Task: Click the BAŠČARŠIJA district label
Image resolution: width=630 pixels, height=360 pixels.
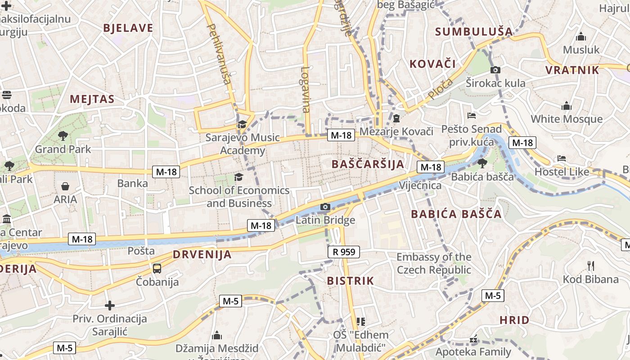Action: coord(368,164)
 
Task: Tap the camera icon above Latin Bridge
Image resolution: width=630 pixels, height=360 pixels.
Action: coord(325,207)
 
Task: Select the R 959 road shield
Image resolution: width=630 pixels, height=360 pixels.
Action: coord(344,252)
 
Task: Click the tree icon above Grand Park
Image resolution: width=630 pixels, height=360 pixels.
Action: coord(63,135)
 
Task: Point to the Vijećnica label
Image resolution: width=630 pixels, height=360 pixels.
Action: coord(420,185)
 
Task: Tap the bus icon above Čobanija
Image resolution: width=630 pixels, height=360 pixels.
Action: coord(157,269)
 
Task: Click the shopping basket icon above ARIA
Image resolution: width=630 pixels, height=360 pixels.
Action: coord(65,186)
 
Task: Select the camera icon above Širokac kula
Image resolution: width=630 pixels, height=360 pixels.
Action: coord(495,70)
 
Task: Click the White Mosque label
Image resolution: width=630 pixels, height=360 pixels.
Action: coord(566,119)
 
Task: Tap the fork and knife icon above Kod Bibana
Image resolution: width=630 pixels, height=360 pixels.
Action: coord(591,266)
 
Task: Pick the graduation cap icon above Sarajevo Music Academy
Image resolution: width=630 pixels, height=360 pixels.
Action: coord(243,124)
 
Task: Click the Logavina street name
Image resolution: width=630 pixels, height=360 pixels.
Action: coord(306,90)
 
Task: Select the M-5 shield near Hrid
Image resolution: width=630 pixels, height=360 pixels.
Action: coord(492,296)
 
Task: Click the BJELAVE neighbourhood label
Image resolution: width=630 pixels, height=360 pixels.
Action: coord(128,28)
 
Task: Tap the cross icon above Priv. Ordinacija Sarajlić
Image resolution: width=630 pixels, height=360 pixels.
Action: coord(110,306)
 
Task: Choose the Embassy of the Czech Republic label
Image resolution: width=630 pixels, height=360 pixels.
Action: coord(434,263)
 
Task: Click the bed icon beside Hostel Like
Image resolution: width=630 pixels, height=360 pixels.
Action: coord(561,158)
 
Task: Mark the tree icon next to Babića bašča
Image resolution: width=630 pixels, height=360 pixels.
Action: coord(482,163)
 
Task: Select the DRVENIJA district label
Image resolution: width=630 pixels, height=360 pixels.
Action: coord(202,255)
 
